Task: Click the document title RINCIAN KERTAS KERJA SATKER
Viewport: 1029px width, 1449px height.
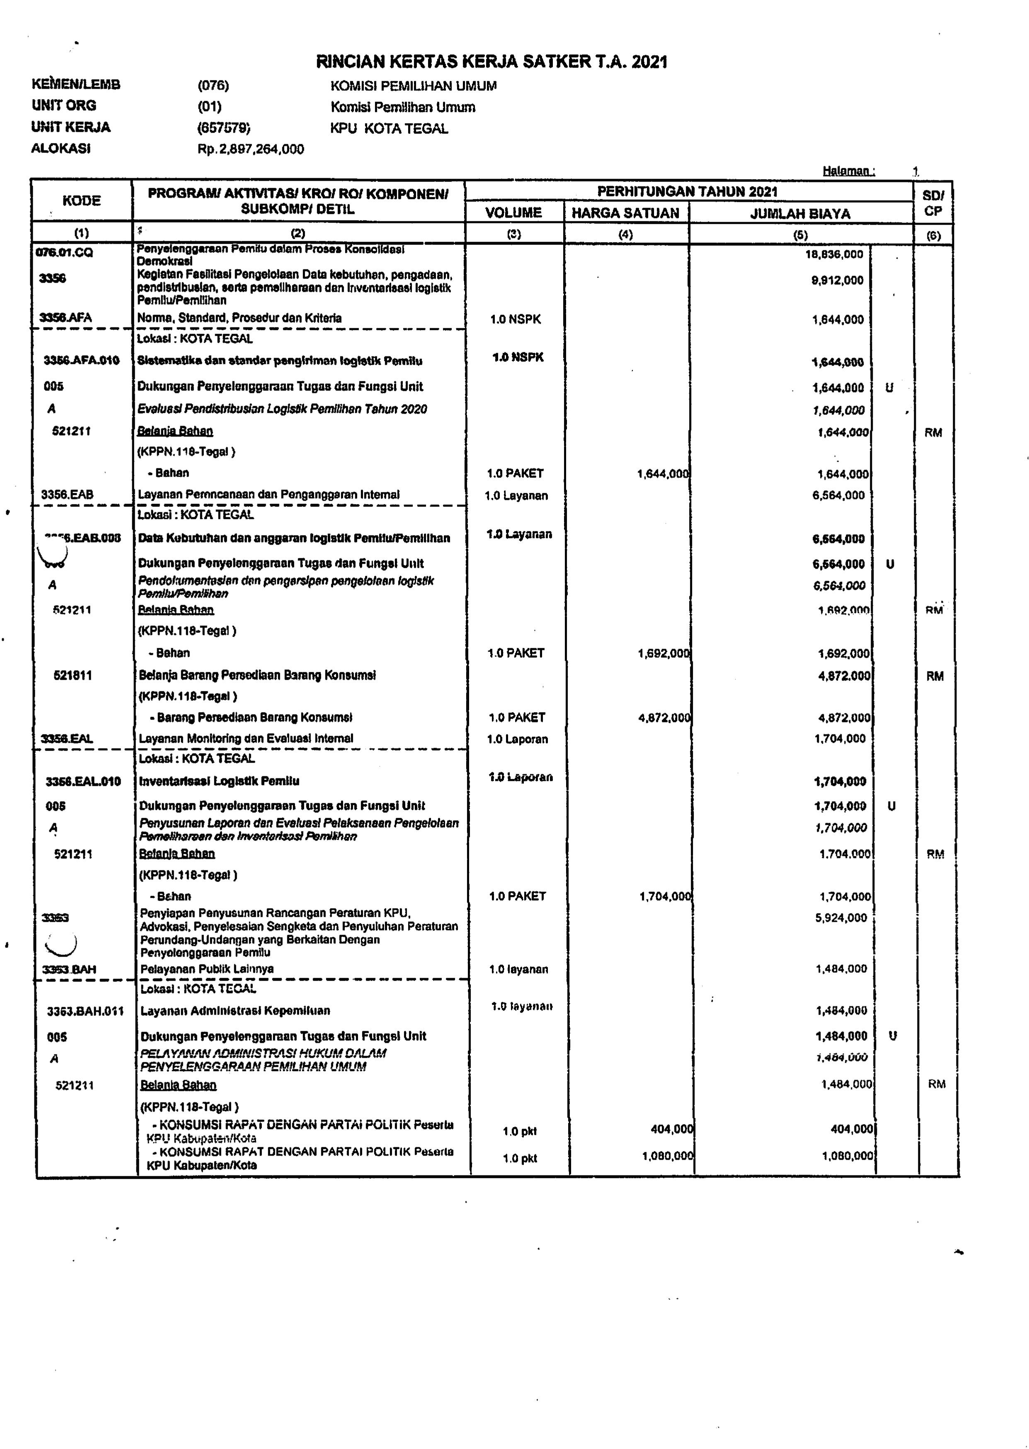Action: pyautogui.click(x=491, y=61)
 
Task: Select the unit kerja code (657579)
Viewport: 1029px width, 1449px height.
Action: pyautogui.click(x=224, y=128)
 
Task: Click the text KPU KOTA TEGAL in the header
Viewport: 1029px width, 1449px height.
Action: pyautogui.click(x=389, y=128)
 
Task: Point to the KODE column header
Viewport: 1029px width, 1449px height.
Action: pyautogui.click(x=82, y=201)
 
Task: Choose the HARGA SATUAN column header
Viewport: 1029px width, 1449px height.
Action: pyautogui.click(x=625, y=213)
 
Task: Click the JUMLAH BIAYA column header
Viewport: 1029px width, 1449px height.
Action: pyautogui.click(x=800, y=213)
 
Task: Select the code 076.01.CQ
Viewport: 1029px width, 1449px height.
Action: pyautogui.click(x=65, y=252)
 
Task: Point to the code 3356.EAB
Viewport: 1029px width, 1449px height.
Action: pyautogui.click(x=67, y=494)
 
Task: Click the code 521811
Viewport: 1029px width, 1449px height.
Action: pyautogui.click(x=73, y=676)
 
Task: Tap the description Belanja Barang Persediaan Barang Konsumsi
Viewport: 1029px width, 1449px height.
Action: pyautogui.click(x=257, y=676)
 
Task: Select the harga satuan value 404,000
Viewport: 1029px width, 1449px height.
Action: pyautogui.click(x=672, y=1129)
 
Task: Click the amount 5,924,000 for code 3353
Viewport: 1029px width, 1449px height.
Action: pyautogui.click(x=841, y=917)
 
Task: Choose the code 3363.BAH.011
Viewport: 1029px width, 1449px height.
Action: pyautogui.click(x=85, y=1011)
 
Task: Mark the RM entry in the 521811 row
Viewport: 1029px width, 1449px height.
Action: pyautogui.click(x=935, y=676)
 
